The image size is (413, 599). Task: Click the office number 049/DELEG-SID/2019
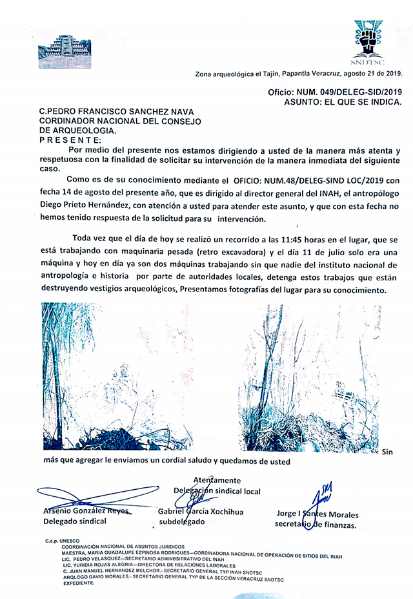pyautogui.click(x=347, y=94)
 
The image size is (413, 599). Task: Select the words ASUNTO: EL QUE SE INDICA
pyautogui.click(x=343, y=103)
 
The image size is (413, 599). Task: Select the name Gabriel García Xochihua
pyautogui.click(x=201, y=511)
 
